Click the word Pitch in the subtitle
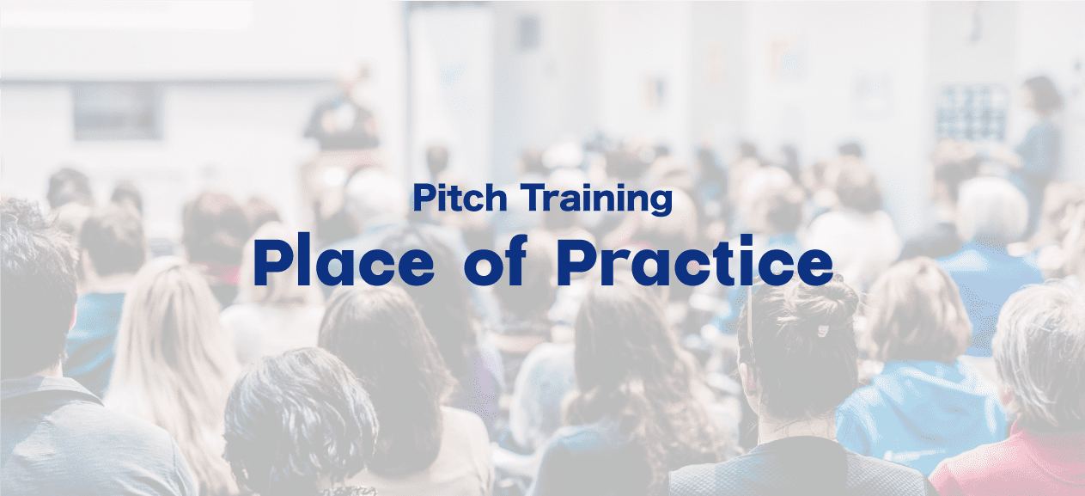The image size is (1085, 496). pyautogui.click(x=460, y=198)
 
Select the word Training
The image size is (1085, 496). pyautogui.click(x=596, y=199)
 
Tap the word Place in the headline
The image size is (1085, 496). pyautogui.click(x=344, y=260)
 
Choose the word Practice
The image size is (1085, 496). pyautogui.click(x=695, y=260)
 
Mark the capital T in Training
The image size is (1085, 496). pyautogui.click(x=533, y=198)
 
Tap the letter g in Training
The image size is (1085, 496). pyautogui.click(x=661, y=203)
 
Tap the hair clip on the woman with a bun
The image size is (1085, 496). pyautogui.click(x=823, y=332)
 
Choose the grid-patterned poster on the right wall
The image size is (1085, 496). pyautogui.click(x=971, y=113)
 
